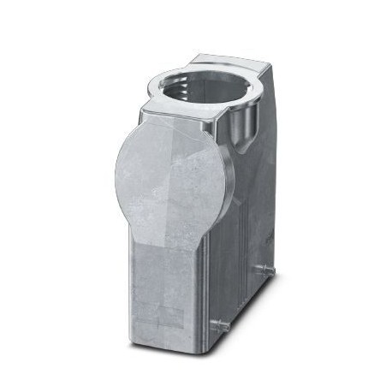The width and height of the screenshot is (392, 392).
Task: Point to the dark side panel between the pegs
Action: (244, 291)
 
